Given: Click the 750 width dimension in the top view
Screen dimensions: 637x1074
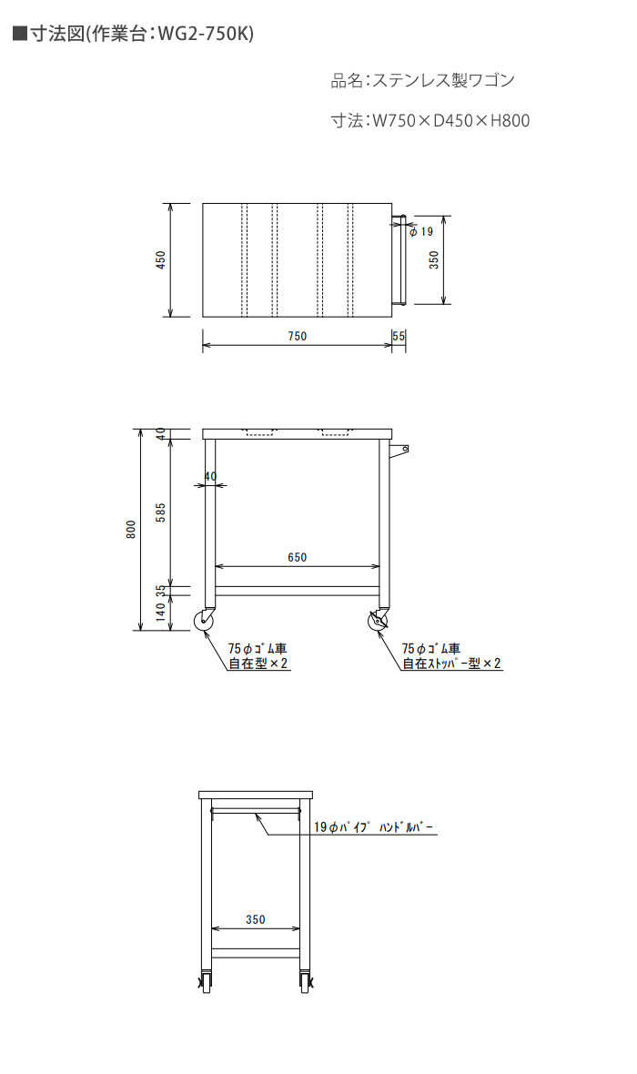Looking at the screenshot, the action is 298,337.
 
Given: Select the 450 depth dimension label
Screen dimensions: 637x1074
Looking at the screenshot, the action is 160,259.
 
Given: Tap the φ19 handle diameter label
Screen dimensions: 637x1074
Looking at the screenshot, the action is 421,231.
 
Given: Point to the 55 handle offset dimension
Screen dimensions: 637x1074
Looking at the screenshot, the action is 399,337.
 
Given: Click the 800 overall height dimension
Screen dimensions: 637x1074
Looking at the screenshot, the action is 131,530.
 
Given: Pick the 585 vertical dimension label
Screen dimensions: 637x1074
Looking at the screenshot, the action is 160,512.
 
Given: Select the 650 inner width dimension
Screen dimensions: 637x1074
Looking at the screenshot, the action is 298,558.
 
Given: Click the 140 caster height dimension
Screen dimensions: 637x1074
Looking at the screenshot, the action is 160,611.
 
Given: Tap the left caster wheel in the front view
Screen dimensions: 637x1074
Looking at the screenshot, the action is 206,621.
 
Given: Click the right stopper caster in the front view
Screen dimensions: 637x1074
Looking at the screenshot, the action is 378,621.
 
